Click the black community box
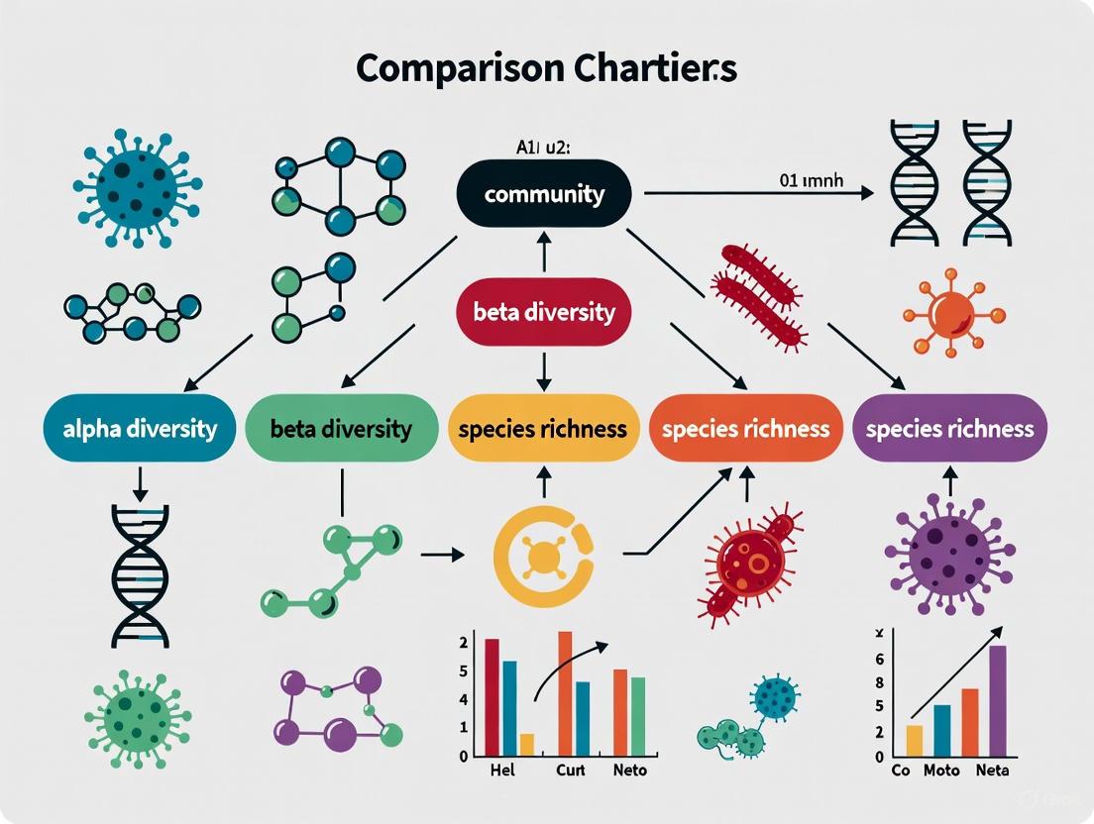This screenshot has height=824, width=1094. (543, 193)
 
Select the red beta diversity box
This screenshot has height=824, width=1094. (543, 313)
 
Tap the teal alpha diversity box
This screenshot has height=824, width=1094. (131, 429)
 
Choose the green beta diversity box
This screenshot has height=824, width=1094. (340, 429)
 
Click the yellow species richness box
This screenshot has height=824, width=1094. (542, 429)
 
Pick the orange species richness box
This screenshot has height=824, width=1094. (745, 429)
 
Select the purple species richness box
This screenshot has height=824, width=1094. (949, 429)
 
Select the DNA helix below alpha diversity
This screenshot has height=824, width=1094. (139, 575)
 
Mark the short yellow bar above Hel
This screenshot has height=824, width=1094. (527, 745)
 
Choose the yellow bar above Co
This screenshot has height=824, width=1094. (914, 740)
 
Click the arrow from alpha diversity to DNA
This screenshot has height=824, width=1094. (140, 482)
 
